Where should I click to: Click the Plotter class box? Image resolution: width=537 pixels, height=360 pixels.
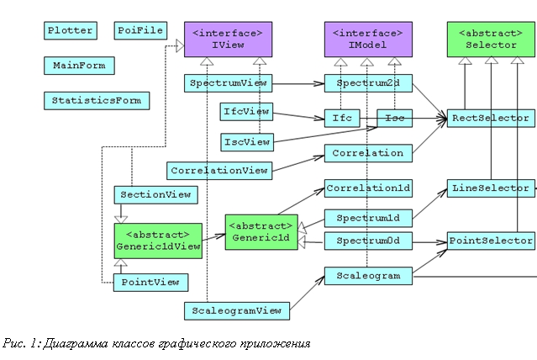tap(71, 30)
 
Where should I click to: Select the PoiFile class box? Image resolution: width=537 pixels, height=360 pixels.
tap(140, 30)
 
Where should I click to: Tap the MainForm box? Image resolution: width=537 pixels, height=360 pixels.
tap(79, 66)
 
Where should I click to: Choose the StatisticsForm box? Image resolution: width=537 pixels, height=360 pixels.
tap(97, 101)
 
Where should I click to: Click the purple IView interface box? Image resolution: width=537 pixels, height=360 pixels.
tap(228, 40)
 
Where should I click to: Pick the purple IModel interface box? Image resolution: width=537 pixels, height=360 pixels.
tap(368, 40)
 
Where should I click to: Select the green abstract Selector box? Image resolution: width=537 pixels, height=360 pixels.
tap(491, 40)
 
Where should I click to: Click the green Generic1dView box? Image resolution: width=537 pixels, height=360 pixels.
tap(158, 241)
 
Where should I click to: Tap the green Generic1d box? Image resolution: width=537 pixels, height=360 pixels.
tap(261, 232)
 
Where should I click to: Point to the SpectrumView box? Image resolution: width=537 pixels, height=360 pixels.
tap(228, 83)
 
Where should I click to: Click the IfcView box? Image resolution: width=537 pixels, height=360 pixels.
tap(246, 112)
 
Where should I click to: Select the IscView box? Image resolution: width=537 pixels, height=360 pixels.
tap(247, 142)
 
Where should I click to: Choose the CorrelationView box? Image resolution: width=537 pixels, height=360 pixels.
tap(219, 171)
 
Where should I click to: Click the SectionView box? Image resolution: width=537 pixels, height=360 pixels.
tap(155, 195)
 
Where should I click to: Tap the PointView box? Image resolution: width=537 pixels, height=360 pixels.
tap(150, 283)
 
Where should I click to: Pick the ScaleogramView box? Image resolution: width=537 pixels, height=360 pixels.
tap(237, 311)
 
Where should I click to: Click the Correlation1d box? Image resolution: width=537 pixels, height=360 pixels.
tap(368, 188)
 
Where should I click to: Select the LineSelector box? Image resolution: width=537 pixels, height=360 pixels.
tap(491, 188)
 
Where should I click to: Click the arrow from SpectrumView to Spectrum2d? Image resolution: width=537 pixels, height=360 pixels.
tap(298, 83)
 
